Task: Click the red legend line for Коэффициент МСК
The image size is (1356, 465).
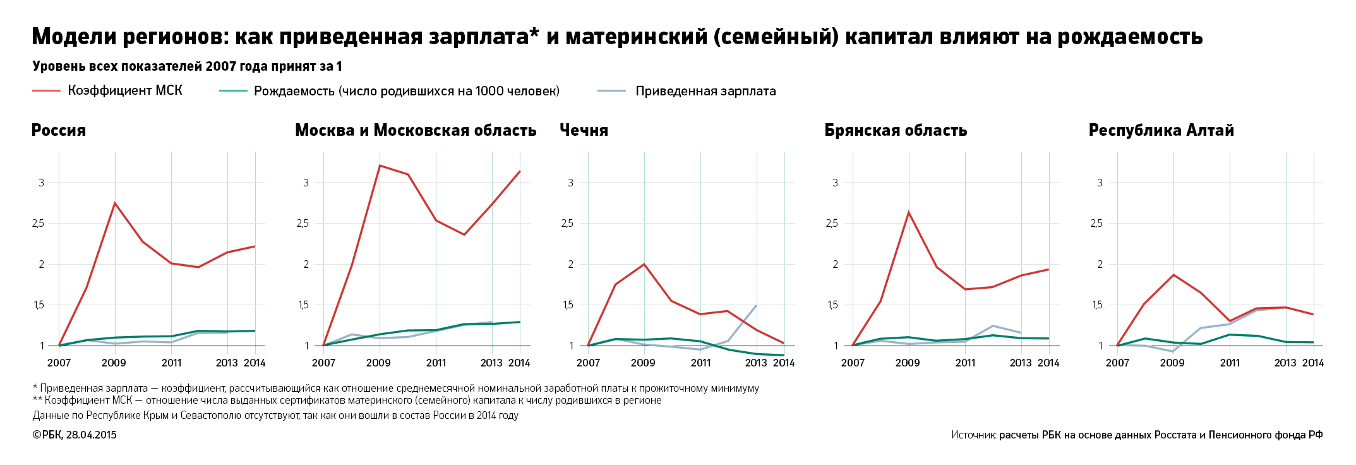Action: pyautogui.click(x=46, y=91)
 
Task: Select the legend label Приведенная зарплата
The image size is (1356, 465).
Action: pyautogui.click(x=705, y=91)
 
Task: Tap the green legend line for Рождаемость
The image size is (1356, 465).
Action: pyautogui.click(x=233, y=91)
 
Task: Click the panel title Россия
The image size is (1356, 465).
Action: pyautogui.click(x=59, y=130)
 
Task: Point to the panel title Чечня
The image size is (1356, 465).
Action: pyautogui.click(x=584, y=130)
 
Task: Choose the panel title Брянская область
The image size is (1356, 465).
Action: pyautogui.click(x=896, y=130)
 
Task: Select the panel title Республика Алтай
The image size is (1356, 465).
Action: pyautogui.click(x=1161, y=130)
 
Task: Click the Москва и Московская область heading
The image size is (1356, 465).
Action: pyautogui.click(x=416, y=130)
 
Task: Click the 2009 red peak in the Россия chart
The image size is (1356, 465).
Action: pyautogui.click(x=115, y=203)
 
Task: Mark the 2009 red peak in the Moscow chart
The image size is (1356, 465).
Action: pyautogui.click(x=380, y=166)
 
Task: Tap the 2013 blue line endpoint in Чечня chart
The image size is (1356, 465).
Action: pyautogui.click(x=756, y=306)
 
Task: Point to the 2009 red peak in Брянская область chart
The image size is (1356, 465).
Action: pyautogui.click(x=909, y=212)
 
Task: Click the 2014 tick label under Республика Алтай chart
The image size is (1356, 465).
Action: pyautogui.click(x=1313, y=363)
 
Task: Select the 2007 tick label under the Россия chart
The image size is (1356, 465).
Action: pyautogui.click(x=59, y=363)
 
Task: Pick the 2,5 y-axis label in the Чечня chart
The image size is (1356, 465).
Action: pyautogui.click(x=567, y=224)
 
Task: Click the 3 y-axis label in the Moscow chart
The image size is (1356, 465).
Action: pyautogui.click(x=306, y=183)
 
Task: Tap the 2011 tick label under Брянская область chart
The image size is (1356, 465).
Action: pyautogui.click(x=965, y=363)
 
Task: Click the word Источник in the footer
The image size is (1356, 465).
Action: pyautogui.click(x=973, y=435)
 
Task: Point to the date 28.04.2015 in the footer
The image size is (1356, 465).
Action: pyautogui.click(x=91, y=435)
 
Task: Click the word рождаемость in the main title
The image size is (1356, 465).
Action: pyautogui.click(x=1130, y=37)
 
